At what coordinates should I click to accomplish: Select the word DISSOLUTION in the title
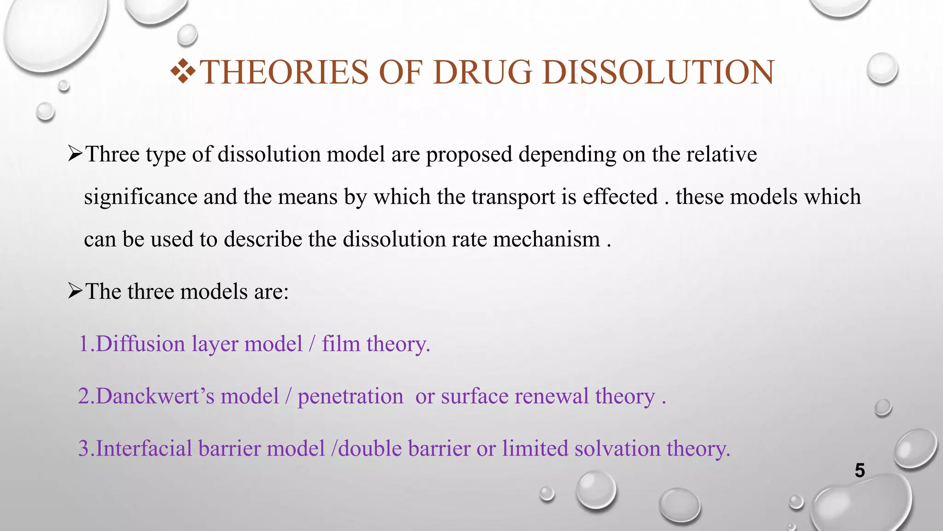pyautogui.click(x=658, y=72)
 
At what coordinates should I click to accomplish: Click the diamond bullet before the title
pyautogui.click(x=183, y=71)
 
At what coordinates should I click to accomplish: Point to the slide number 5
pyautogui.click(x=860, y=471)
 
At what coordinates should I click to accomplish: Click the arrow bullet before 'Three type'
pyautogui.click(x=75, y=153)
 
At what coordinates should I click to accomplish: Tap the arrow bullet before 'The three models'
pyautogui.click(x=75, y=291)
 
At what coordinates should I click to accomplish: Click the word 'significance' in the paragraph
pyautogui.click(x=140, y=197)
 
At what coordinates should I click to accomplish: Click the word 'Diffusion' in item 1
pyautogui.click(x=140, y=344)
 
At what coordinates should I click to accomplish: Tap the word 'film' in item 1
pyautogui.click(x=341, y=344)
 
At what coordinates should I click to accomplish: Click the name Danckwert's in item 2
pyautogui.click(x=155, y=396)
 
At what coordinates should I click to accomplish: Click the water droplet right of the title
pyautogui.click(x=882, y=69)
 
